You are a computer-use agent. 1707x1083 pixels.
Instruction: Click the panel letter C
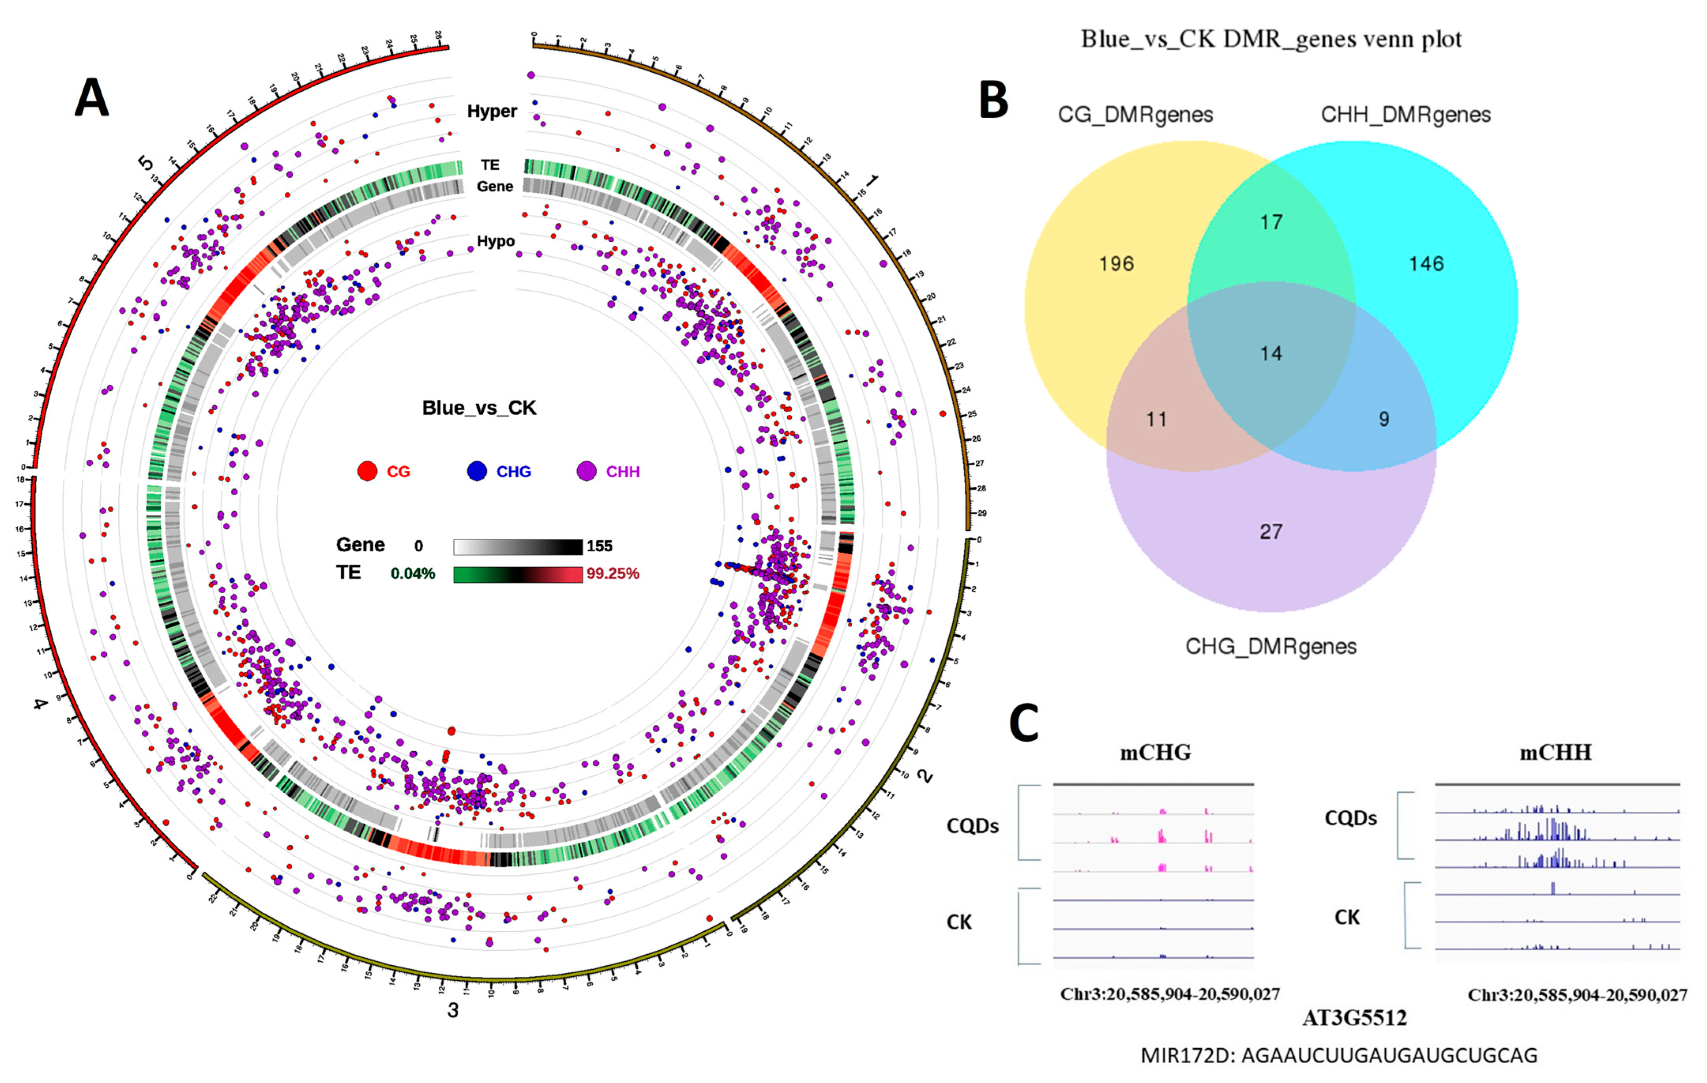(1023, 724)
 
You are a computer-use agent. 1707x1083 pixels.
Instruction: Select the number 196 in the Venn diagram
(1117, 264)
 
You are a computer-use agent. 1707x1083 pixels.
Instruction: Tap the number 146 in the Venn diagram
(1426, 264)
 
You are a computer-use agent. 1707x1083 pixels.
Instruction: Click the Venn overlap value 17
(1271, 222)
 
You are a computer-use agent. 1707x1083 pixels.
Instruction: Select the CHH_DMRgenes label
(1406, 115)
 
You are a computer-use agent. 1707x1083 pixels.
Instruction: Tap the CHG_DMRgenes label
(1271, 647)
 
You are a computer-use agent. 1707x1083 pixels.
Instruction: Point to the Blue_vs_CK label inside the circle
(479, 408)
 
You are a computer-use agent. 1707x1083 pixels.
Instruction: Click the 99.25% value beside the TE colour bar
(612, 573)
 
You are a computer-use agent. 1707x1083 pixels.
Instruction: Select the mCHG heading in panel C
(1155, 752)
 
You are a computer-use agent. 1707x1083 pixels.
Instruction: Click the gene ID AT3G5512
(1354, 1019)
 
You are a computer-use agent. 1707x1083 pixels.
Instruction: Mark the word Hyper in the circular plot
(492, 111)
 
